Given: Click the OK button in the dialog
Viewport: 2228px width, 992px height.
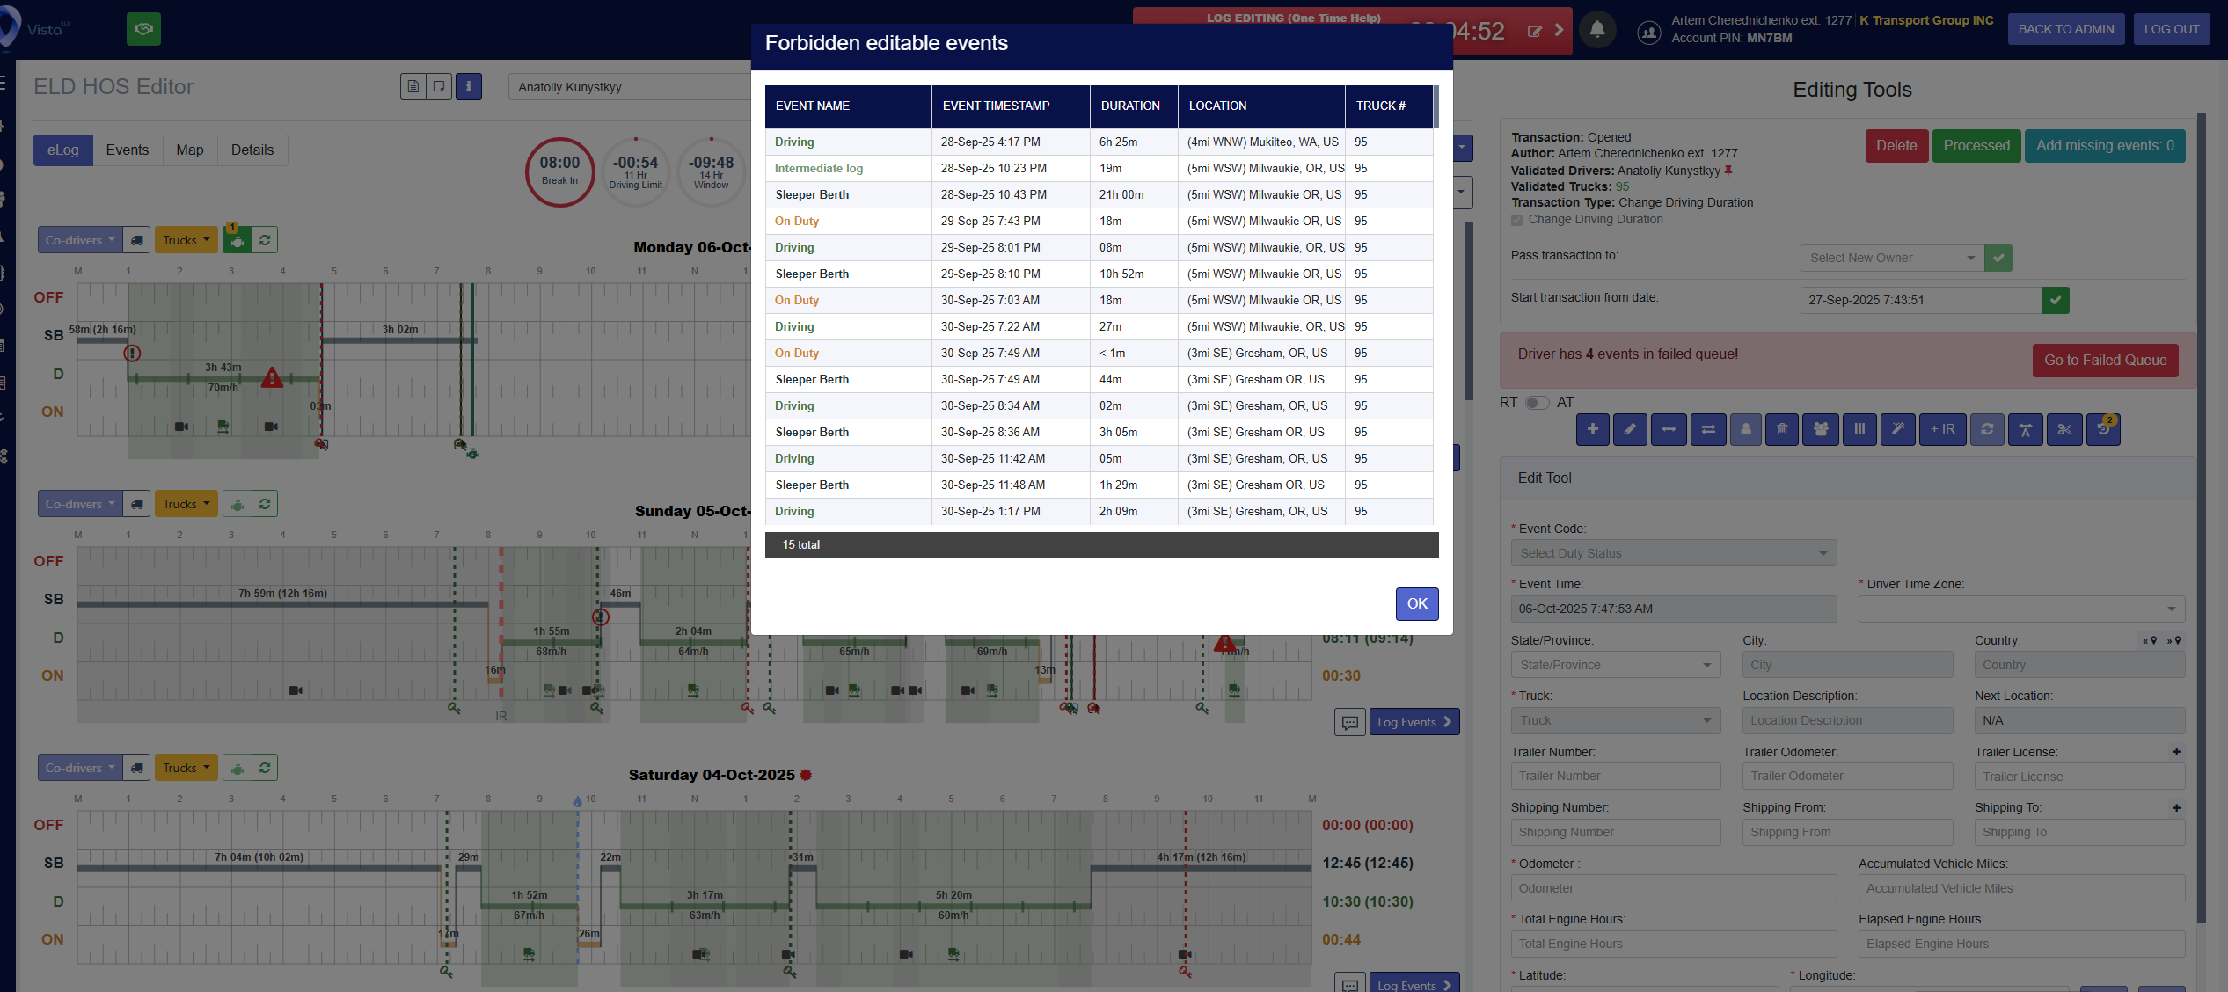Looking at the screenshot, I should (x=1416, y=603).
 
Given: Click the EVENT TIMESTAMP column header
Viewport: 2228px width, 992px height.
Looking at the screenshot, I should (x=996, y=106).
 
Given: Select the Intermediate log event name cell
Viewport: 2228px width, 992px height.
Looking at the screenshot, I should (x=818, y=168).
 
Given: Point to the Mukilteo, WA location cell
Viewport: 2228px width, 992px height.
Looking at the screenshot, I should (x=1262, y=142).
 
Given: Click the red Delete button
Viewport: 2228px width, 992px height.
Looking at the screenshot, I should (x=1896, y=146).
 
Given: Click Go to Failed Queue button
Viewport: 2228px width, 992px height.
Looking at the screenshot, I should (x=2104, y=361).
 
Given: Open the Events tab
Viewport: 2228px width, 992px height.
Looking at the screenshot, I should (x=127, y=150).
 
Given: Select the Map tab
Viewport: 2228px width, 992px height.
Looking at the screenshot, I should (x=189, y=150).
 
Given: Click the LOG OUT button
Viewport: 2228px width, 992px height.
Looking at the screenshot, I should (x=2171, y=29).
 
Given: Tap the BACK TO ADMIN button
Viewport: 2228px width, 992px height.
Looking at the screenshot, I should (x=2065, y=29).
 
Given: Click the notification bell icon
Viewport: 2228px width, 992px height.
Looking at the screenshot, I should (x=1596, y=30).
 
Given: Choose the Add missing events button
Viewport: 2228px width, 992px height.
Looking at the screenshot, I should (x=2104, y=146).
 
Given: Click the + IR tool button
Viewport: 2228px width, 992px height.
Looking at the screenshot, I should (x=1942, y=429).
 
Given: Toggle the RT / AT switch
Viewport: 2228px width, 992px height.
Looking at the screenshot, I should (x=1536, y=403).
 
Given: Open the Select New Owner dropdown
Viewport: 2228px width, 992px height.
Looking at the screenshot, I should (x=1891, y=258).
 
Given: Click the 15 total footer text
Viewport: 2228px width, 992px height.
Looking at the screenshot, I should (x=800, y=545).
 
